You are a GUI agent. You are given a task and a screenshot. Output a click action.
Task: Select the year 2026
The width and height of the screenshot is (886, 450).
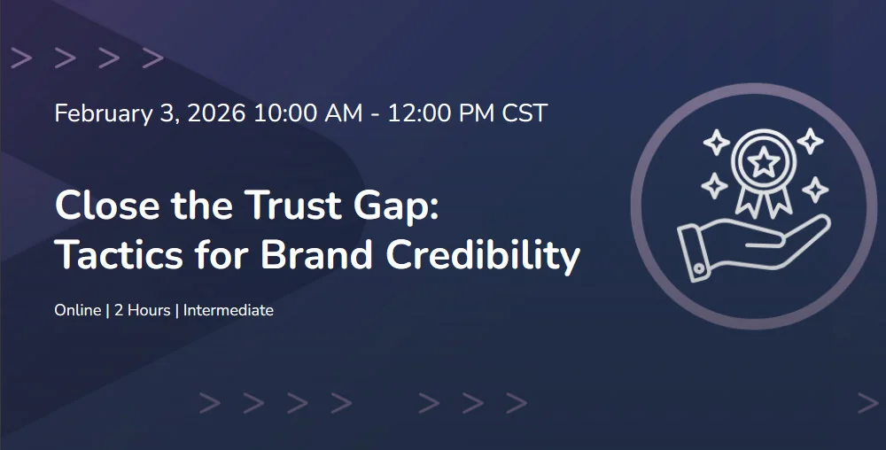tap(216, 113)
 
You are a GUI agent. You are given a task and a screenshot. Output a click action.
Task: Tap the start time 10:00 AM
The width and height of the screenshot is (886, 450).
tap(308, 113)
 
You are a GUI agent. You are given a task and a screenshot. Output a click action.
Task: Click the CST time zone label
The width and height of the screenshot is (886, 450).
tap(525, 113)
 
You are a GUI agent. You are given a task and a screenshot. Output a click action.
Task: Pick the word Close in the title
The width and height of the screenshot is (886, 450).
tap(107, 205)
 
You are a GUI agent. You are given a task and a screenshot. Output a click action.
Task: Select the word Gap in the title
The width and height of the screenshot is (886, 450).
tap(396, 206)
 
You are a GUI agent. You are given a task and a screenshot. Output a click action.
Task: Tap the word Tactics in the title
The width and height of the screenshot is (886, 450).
tap(120, 254)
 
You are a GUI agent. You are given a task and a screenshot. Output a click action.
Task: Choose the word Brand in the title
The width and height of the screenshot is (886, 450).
tap(316, 254)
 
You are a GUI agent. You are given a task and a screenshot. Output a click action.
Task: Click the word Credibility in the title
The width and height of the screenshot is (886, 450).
tap(483, 257)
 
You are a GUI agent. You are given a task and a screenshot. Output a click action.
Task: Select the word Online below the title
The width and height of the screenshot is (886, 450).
tap(78, 310)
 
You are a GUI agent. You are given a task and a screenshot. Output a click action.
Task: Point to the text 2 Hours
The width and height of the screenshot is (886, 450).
tap(143, 310)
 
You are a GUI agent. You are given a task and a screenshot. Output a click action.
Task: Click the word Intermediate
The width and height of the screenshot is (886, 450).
tap(229, 310)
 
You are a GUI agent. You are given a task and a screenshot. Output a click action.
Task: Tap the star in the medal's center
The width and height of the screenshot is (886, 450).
tap(764, 163)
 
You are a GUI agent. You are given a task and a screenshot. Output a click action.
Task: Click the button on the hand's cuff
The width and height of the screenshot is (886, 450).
tap(700, 269)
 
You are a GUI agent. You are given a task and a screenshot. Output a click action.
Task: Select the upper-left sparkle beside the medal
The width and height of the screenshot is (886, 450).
tap(717, 142)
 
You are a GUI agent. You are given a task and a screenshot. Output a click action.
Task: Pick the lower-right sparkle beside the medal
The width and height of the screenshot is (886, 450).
tap(815, 190)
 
